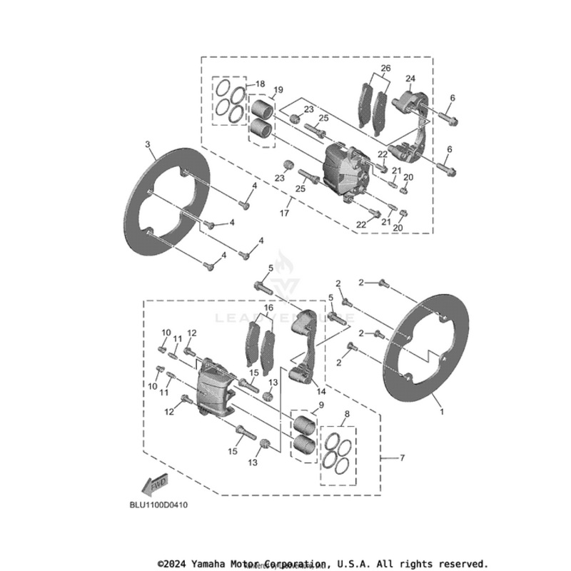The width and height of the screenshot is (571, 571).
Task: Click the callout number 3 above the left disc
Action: click(148, 144)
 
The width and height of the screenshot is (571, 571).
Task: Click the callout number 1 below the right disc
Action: click(441, 412)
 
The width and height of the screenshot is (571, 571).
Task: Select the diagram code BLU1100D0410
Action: click(159, 504)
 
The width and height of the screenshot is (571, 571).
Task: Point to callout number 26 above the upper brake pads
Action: click(385, 69)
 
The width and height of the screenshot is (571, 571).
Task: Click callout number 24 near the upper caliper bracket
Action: click(410, 78)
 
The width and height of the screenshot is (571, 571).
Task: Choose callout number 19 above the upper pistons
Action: click(278, 90)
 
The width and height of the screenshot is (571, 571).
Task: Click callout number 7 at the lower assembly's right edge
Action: click(402, 457)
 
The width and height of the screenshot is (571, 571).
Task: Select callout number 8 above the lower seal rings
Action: click(347, 414)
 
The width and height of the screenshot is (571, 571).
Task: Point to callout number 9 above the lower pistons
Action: click(321, 405)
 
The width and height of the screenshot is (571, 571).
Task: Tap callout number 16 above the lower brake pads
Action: click(269, 308)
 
